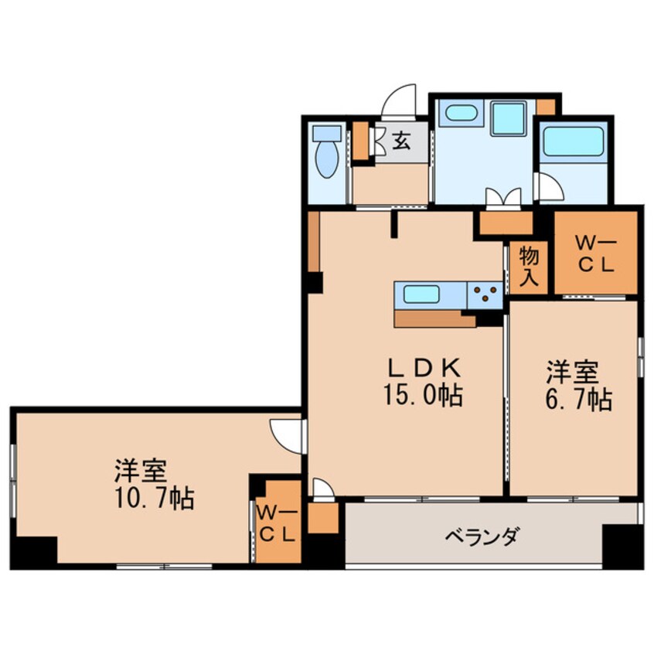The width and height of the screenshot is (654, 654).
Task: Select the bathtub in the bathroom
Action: pos(574,142)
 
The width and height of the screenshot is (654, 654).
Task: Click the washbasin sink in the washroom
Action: pos(461,113)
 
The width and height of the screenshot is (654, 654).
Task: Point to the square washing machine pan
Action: pos(508,118)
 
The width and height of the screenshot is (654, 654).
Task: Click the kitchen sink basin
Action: pos(421,295)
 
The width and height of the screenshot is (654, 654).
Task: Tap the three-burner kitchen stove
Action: pos(485,295)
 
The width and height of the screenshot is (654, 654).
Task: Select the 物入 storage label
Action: pos(529,266)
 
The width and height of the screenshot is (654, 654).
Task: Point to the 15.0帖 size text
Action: pos(421,396)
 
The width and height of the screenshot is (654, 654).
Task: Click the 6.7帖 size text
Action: pos(578,399)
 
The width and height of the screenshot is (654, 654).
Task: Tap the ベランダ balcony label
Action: pos(481,536)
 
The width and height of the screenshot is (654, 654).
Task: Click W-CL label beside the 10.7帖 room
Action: pos(277,523)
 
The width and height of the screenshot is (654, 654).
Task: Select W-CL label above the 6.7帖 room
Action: pos(595,253)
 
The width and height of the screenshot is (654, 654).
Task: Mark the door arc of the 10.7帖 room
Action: pos(288,434)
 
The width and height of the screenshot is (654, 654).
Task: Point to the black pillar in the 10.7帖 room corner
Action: pos(34,551)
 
